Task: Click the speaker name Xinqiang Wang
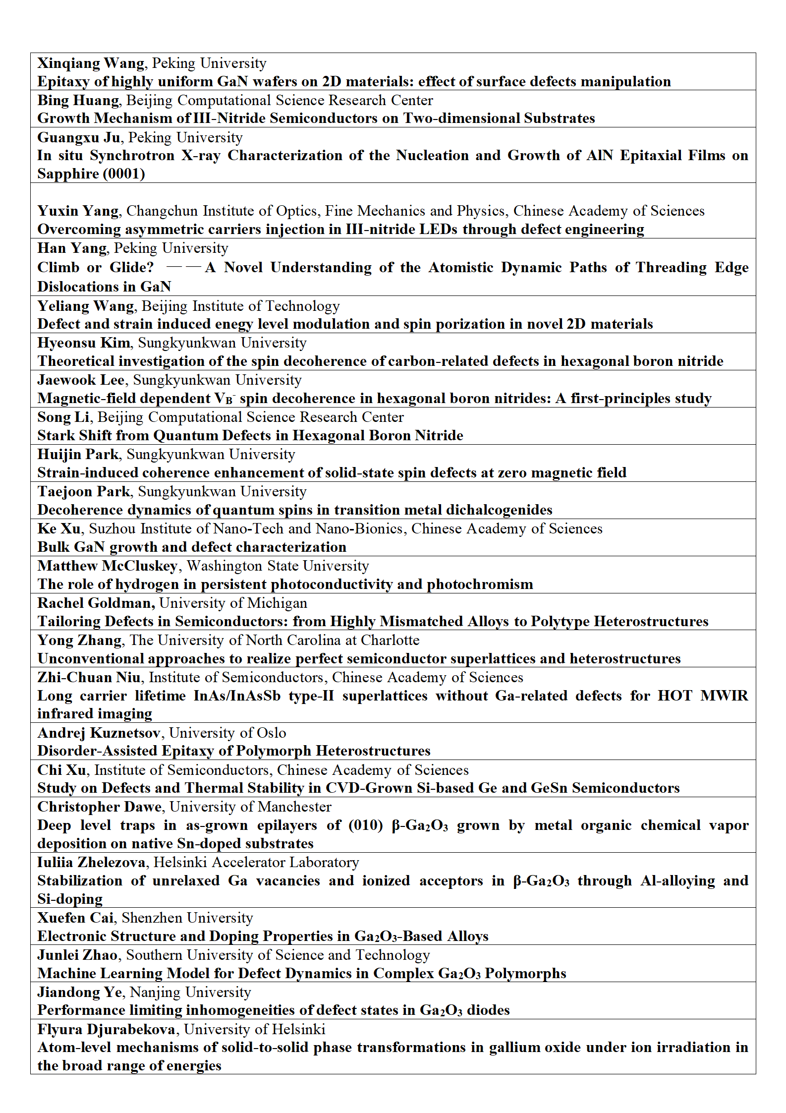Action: (x=91, y=63)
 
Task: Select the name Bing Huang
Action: (x=78, y=101)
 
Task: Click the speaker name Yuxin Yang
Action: (x=78, y=211)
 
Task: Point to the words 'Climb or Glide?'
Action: (x=96, y=268)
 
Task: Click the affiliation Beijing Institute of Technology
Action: (x=241, y=306)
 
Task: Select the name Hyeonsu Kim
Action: (x=84, y=343)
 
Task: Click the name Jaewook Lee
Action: (x=81, y=380)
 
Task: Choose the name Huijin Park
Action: (x=78, y=455)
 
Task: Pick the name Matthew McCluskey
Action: (x=107, y=566)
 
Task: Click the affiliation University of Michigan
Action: (x=233, y=603)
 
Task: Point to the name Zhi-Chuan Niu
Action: (x=89, y=678)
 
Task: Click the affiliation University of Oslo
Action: (x=227, y=733)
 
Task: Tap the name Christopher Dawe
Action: (x=100, y=807)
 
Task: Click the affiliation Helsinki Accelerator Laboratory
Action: (x=256, y=863)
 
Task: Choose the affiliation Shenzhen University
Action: (x=187, y=918)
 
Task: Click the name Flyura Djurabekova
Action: (x=106, y=1030)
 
